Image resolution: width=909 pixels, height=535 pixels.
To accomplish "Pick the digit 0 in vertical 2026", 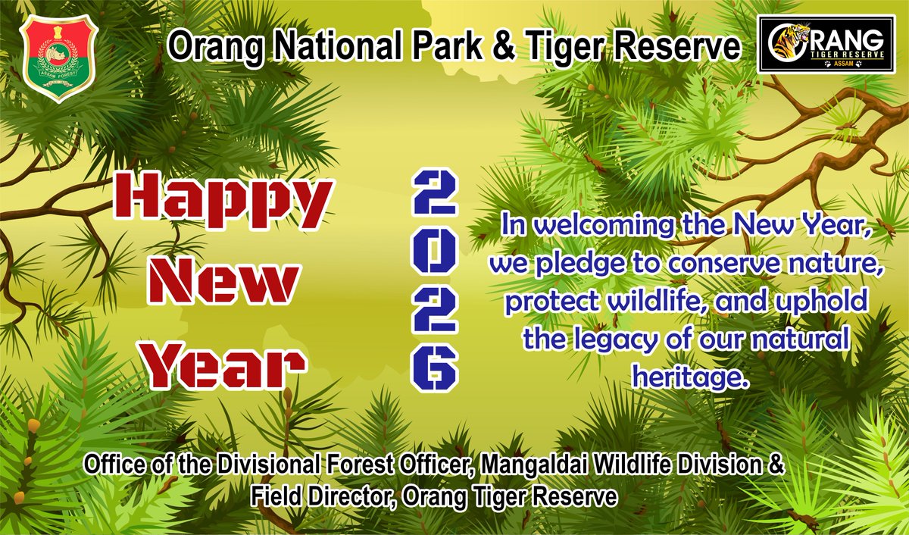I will (434, 255).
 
